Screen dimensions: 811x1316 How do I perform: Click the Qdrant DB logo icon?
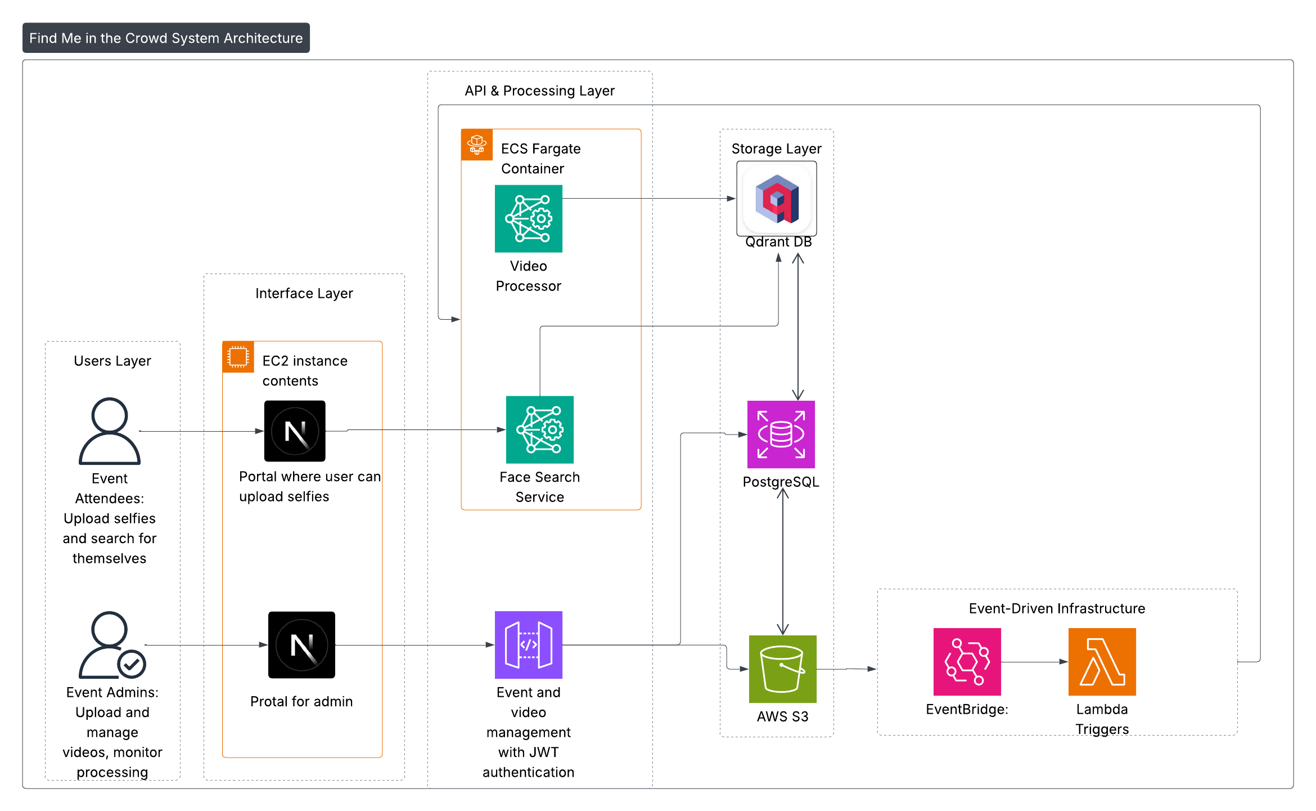coord(777,199)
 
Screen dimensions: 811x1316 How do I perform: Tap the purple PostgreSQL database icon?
coord(781,434)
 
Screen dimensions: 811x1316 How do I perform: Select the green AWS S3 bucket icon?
coord(782,669)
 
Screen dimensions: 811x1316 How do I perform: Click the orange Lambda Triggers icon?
coord(1102,661)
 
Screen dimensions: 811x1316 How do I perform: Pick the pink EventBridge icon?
coord(967,661)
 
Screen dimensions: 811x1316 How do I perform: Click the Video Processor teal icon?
coord(528,218)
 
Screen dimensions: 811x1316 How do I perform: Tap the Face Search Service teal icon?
coord(539,429)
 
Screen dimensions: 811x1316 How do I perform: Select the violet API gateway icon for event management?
coord(528,644)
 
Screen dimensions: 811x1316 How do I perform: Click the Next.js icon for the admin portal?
coord(301,644)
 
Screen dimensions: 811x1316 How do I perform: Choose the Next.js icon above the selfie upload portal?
coord(295,431)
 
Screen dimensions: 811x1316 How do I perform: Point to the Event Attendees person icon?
coord(109,431)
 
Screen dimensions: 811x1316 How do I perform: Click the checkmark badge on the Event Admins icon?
coord(132,664)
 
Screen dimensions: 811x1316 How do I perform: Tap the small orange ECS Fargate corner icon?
coord(476,145)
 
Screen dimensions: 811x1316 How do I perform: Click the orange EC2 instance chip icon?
coord(237,356)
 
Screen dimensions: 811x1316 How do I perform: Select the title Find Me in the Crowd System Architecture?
coord(166,38)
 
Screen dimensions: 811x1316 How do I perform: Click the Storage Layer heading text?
coord(776,149)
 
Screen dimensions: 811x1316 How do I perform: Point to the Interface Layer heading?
coord(304,293)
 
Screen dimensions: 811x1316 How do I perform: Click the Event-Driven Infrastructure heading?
coord(1056,608)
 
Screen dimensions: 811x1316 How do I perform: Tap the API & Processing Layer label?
coord(539,91)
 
